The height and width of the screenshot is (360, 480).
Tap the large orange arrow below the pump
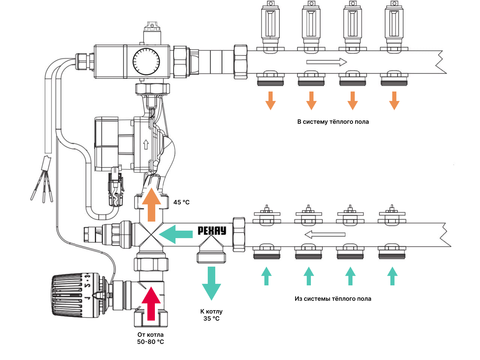151,205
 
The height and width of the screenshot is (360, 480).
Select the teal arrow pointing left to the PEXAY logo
176,234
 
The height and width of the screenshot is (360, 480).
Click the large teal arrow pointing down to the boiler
211,283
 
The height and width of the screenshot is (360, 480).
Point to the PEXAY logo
212,231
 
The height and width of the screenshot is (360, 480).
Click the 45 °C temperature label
181,202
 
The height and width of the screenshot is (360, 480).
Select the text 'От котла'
150,334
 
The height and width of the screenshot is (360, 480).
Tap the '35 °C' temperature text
211,319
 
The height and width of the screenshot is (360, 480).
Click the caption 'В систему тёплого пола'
333,122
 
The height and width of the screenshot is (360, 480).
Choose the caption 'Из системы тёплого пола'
333,299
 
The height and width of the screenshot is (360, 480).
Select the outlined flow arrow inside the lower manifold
325,235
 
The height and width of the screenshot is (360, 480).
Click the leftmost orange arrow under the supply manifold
270,100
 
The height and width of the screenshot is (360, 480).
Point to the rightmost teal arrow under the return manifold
392,276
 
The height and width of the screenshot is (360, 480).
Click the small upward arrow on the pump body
146,144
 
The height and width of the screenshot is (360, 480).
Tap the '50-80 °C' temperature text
150,342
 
